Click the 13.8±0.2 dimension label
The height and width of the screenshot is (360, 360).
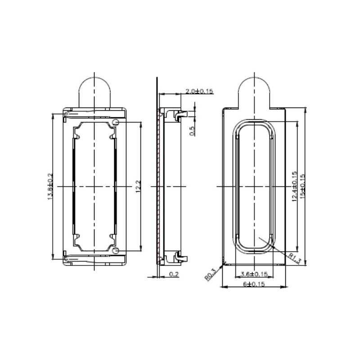pyautogui.click(x=50, y=186)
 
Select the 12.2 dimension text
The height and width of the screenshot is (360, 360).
pyautogui.click(x=138, y=186)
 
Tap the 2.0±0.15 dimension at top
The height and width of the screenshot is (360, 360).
pyautogui.click(x=199, y=91)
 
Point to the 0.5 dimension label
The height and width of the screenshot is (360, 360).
pyautogui.click(x=193, y=131)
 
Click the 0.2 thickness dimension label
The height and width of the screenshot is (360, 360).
pyautogui.click(x=174, y=274)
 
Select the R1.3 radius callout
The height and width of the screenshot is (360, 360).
pyautogui.click(x=295, y=258)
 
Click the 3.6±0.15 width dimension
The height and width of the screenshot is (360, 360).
pyautogui.click(x=254, y=274)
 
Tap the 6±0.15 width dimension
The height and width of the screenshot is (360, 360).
pyautogui.click(x=254, y=284)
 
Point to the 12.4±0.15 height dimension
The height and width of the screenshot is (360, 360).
pyautogui.click(x=295, y=186)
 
